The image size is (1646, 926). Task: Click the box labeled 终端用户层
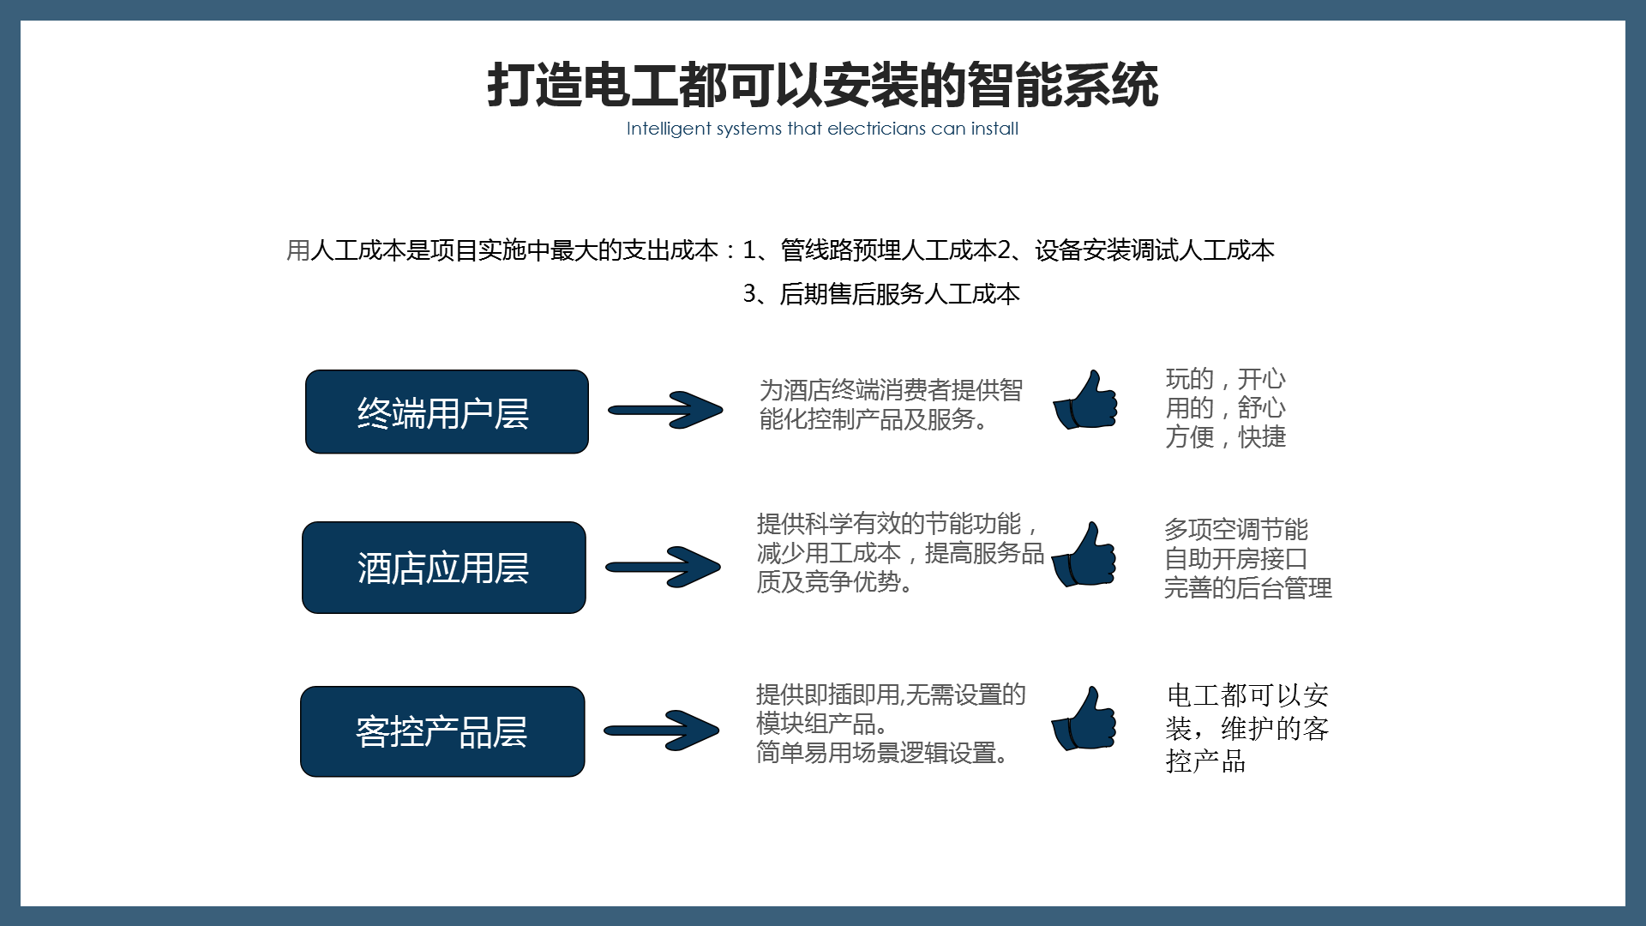point(447,412)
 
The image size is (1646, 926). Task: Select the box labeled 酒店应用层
point(444,568)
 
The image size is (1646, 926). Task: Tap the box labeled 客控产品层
point(442,731)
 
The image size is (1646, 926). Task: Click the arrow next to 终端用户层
point(665,410)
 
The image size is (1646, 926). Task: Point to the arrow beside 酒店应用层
point(663,567)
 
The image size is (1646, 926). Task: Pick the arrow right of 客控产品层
point(661,731)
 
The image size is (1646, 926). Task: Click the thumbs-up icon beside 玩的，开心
point(1085,400)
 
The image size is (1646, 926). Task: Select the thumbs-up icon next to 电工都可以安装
point(1084,719)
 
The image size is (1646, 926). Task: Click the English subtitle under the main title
point(822,129)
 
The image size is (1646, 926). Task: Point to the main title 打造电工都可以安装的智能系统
point(823,85)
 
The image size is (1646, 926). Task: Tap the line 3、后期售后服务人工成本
point(881,294)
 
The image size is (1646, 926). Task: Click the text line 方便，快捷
point(1226,437)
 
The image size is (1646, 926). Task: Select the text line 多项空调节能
point(1236,529)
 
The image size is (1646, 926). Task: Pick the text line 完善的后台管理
point(1248,588)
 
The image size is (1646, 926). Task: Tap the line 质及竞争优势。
point(836,582)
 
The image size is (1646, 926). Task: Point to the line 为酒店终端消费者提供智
point(891,390)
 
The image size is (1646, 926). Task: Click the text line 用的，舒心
point(1226,407)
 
